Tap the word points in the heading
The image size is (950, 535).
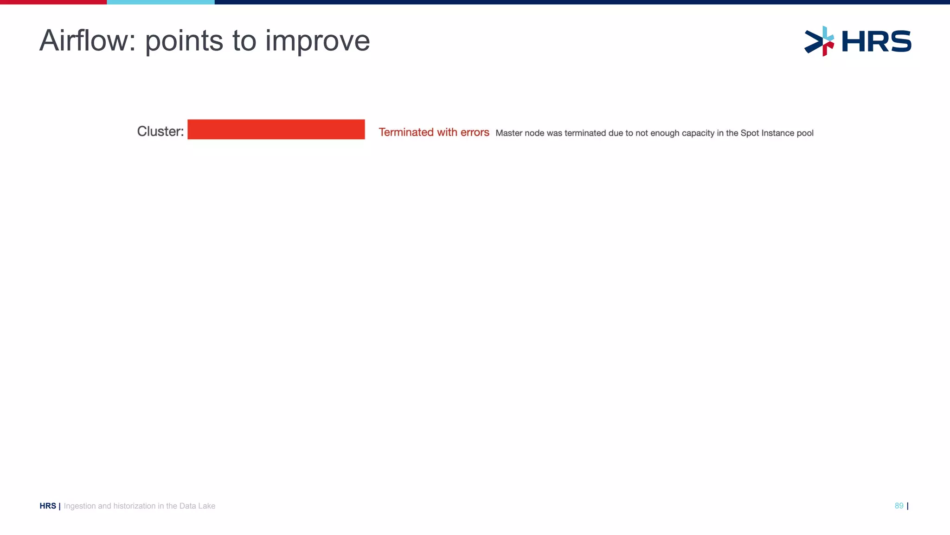click(x=184, y=42)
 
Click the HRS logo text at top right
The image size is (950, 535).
click(x=876, y=41)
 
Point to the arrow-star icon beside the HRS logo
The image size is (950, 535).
click(x=820, y=41)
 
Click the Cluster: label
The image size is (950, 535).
click(x=160, y=131)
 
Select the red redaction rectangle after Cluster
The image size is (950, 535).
click(x=276, y=130)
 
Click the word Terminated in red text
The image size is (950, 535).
click(x=406, y=132)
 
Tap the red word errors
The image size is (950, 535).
click(x=475, y=132)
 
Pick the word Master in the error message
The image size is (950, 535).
click(x=508, y=133)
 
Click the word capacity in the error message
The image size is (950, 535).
click(x=698, y=133)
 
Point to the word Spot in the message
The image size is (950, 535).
click(x=749, y=133)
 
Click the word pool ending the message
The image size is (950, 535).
click(x=805, y=133)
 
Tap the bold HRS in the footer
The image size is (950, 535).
click(x=48, y=506)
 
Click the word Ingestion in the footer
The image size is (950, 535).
click(x=79, y=506)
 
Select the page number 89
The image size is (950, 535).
click(x=899, y=506)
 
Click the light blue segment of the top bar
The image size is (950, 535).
click(x=160, y=2)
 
